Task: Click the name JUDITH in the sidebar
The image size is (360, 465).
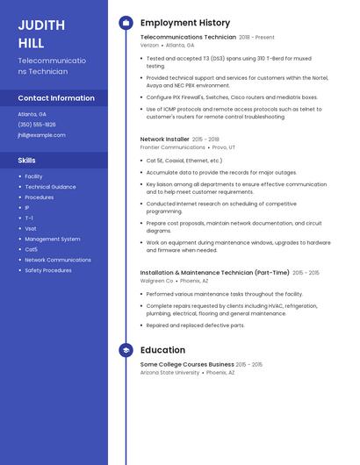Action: (37, 24)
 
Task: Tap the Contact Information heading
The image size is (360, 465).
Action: (56, 98)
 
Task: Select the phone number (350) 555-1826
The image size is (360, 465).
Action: (37, 125)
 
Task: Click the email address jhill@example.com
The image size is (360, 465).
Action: (42, 135)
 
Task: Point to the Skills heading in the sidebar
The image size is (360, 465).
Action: (27, 161)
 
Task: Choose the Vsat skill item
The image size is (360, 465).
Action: (31, 228)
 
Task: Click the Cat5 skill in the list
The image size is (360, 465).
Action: (31, 249)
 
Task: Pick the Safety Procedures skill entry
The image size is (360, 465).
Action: (48, 270)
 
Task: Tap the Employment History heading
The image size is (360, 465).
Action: (185, 23)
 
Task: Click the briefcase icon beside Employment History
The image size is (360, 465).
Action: (126, 23)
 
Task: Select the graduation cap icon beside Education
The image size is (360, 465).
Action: (126, 350)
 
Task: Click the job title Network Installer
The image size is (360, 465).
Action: (164, 139)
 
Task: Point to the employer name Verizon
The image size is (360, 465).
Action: (149, 45)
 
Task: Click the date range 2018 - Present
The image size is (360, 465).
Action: (256, 38)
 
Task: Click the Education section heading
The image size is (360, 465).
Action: (162, 350)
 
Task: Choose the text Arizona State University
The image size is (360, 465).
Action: (169, 372)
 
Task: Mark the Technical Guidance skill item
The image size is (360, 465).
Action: (50, 187)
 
